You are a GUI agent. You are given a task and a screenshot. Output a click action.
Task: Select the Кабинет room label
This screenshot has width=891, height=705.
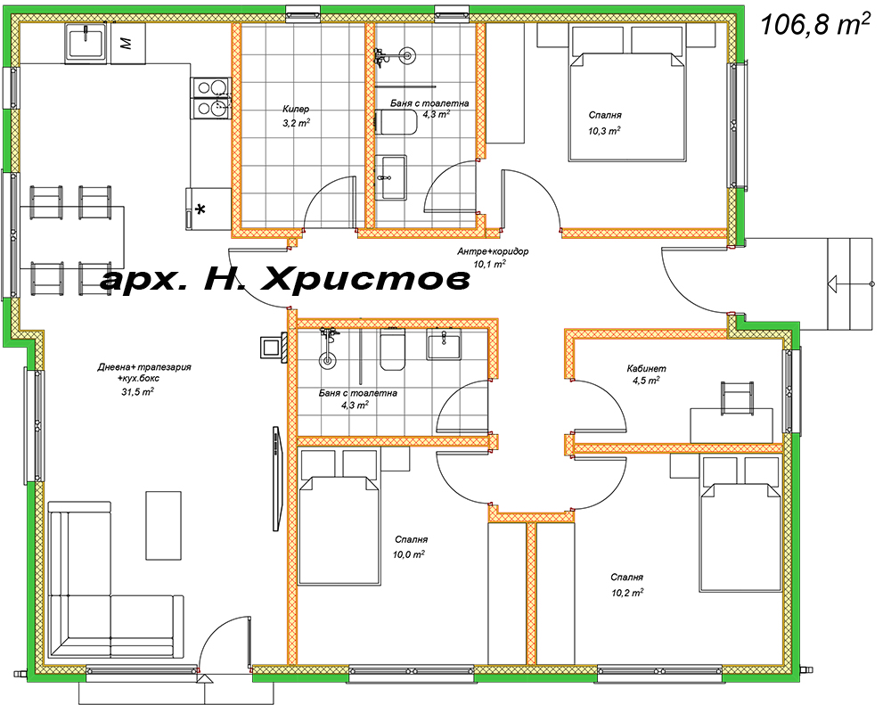pos(646,368)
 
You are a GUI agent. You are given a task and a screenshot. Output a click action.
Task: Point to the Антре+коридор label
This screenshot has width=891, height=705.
pos(493,251)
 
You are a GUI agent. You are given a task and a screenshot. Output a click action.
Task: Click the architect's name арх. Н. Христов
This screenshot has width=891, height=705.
pos(285,280)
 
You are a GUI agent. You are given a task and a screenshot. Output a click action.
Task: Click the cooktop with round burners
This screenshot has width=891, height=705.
pos(211,98)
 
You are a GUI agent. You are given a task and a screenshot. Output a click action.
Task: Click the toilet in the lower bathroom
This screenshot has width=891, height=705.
pos(393,349)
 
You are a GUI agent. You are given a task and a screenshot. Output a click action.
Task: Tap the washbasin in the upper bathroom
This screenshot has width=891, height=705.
pos(392,176)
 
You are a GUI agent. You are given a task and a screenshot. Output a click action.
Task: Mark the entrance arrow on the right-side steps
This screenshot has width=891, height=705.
pos(836,284)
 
